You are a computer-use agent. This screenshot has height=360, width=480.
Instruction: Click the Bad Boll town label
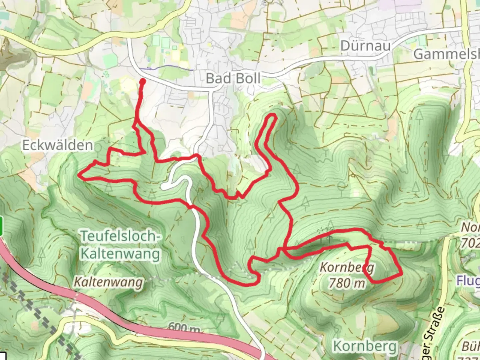click(x=233, y=79)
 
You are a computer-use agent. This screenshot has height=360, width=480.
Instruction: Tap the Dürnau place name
click(x=365, y=46)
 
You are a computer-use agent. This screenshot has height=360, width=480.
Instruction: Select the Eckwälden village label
click(x=58, y=145)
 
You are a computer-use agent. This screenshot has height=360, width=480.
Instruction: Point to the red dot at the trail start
click(x=142, y=81)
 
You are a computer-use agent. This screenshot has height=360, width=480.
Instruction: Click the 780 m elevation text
click(x=347, y=283)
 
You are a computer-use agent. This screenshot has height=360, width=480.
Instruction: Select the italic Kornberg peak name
click(x=347, y=267)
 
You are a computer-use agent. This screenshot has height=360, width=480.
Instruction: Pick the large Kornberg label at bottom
click(x=365, y=346)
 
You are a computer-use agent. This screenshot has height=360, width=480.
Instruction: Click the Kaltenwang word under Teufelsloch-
click(x=120, y=254)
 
